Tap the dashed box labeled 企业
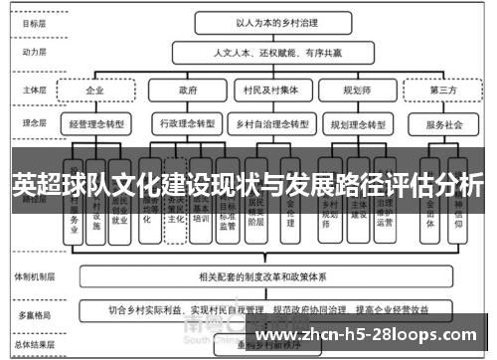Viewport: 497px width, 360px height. pyautogui.click(x=95, y=89)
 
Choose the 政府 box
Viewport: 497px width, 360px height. pyautogui.click(x=187, y=89)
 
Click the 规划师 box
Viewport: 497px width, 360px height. pyautogui.click(x=356, y=89)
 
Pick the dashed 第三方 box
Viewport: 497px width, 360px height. pyautogui.click(x=442, y=90)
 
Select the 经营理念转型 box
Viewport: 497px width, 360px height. pyautogui.click(x=95, y=124)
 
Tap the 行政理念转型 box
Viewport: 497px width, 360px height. pyautogui.click(x=187, y=124)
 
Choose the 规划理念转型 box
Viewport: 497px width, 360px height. pyautogui.click(x=356, y=124)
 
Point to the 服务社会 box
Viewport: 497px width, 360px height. pyautogui.click(x=442, y=125)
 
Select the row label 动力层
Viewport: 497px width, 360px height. pyautogui.click(x=31, y=51)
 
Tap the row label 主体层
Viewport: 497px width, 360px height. pyautogui.click(x=31, y=89)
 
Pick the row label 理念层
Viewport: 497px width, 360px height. pyautogui.click(x=31, y=123)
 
